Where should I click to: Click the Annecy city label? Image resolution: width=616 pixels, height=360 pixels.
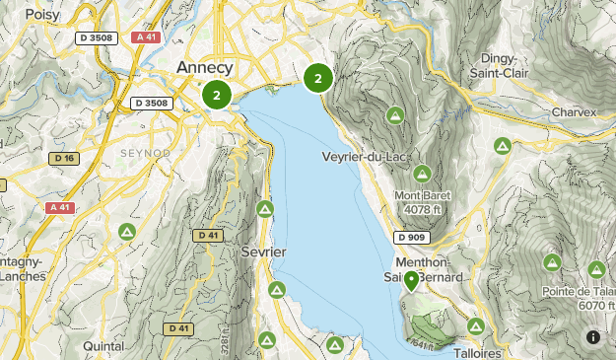click(x=205, y=67)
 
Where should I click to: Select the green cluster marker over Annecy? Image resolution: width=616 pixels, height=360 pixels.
click(x=217, y=96)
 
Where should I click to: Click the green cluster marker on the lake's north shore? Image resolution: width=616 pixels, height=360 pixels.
click(x=318, y=78)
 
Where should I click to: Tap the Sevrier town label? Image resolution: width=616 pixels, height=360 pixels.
click(x=263, y=252)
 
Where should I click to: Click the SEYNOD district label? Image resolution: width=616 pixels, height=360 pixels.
click(x=145, y=154)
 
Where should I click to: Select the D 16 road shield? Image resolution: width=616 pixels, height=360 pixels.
click(x=64, y=158)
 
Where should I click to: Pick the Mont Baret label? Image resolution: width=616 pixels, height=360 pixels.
click(x=422, y=195)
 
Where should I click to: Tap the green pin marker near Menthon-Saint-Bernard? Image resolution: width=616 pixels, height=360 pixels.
click(x=411, y=281)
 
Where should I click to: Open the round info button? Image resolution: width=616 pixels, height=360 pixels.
click(x=593, y=337)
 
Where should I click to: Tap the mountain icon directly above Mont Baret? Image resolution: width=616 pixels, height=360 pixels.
click(x=422, y=174)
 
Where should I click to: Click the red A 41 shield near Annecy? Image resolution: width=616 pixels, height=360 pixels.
click(x=146, y=37)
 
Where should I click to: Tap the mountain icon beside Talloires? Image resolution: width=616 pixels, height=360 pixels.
click(x=476, y=325)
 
